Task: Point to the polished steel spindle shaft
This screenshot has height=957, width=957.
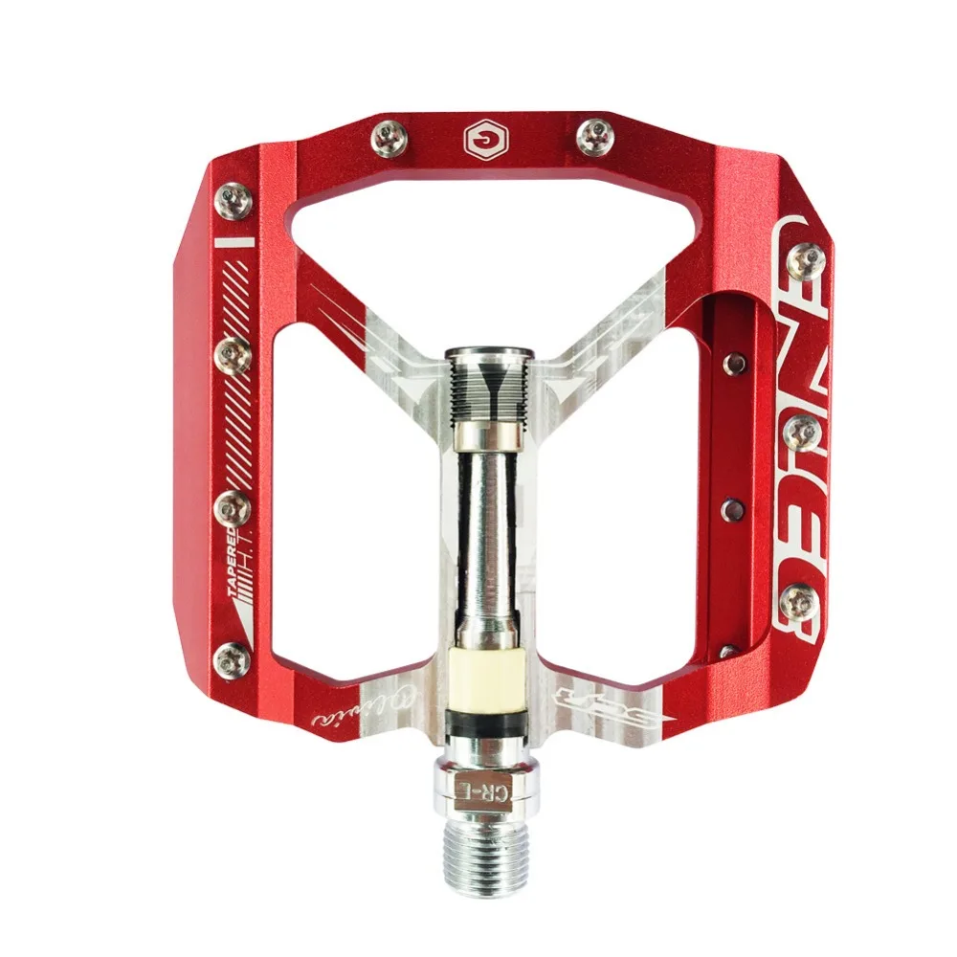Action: pyautogui.click(x=488, y=536)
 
